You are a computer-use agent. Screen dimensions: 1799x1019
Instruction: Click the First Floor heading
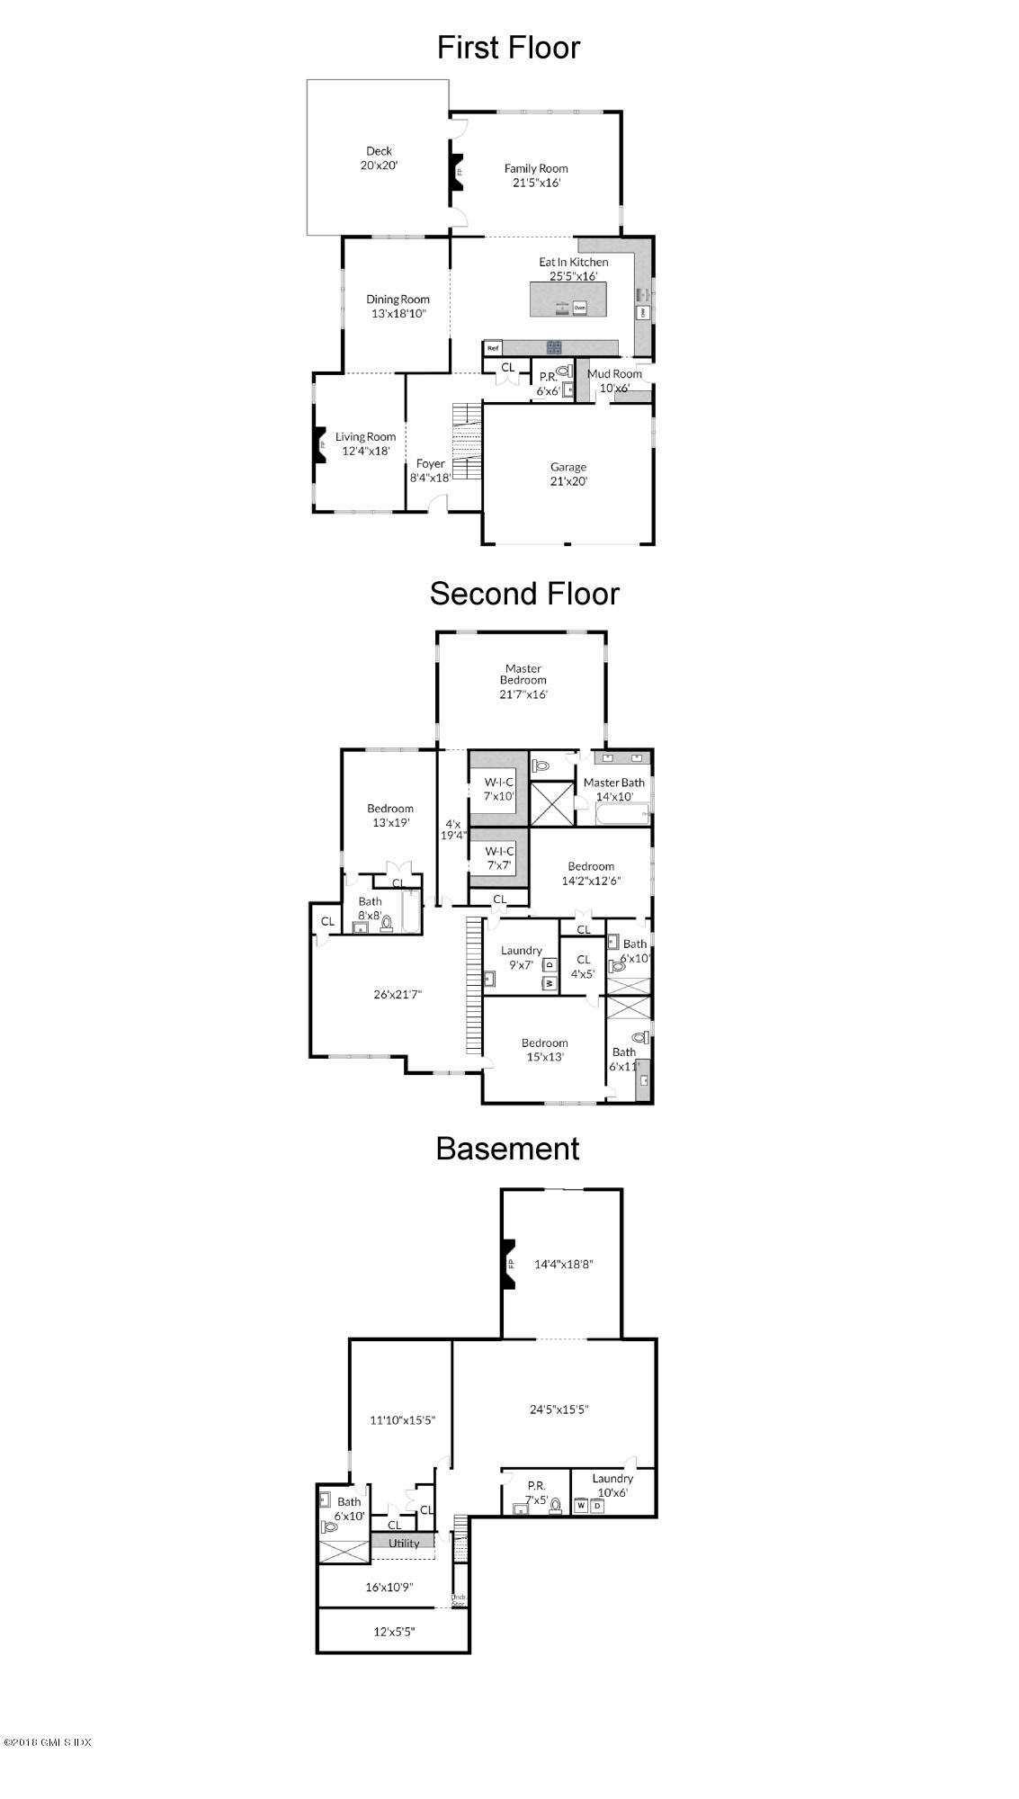coord(508,48)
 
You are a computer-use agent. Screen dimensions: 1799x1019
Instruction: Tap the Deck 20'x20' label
coord(379,158)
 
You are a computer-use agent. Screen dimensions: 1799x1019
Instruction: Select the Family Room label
coord(535,175)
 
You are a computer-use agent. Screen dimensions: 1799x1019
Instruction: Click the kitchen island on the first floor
coord(568,299)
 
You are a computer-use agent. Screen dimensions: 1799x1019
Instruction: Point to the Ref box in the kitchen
coord(493,347)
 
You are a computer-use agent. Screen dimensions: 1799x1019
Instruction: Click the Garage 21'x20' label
coord(568,474)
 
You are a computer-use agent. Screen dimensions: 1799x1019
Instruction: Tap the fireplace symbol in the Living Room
coord(319,443)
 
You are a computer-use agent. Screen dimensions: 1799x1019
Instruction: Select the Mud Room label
coord(614,380)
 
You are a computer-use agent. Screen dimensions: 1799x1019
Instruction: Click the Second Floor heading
coord(524,594)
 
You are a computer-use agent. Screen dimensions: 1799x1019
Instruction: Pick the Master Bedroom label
coord(523,681)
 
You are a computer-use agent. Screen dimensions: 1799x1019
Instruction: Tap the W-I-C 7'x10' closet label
coord(499,789)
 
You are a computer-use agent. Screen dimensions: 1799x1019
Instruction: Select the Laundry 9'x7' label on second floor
coord(522,957)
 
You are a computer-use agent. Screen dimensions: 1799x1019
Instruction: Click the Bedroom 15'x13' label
coord(545,1050)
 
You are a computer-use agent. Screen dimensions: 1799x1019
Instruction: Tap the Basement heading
coord(508,1149)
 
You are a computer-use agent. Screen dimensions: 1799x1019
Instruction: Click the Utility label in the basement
coord(404,1543)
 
